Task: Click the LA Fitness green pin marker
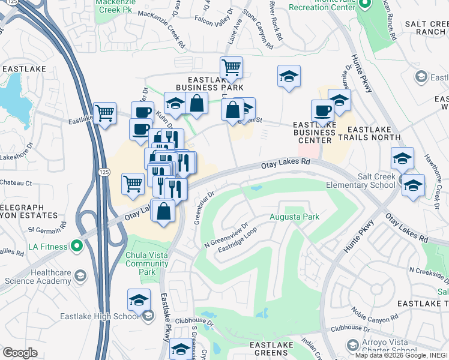(76, 245)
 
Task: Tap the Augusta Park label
(294, 217)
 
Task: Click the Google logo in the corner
(20, 353)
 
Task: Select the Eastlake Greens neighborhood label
(271, 350)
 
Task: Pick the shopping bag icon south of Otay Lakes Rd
(164, 211)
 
